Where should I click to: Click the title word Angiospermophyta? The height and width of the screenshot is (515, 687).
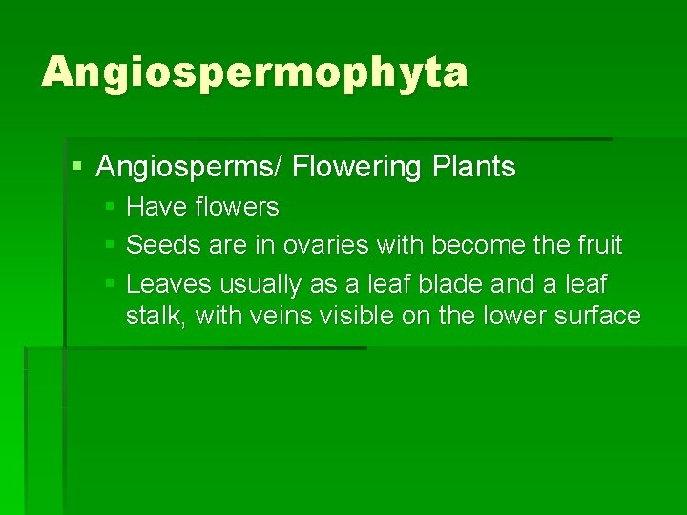pyautogui.click(x=255, y=72)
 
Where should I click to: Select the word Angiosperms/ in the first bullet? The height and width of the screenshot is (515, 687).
pyautogui.click(x=190, y=168)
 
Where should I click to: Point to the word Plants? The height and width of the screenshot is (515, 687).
pyautogui.click(x=474, y=168)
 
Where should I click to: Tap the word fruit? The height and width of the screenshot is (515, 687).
pyautogui.click(x=599, y=246)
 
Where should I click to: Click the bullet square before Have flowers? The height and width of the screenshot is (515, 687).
pyautogui.click(x=110, y=207)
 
